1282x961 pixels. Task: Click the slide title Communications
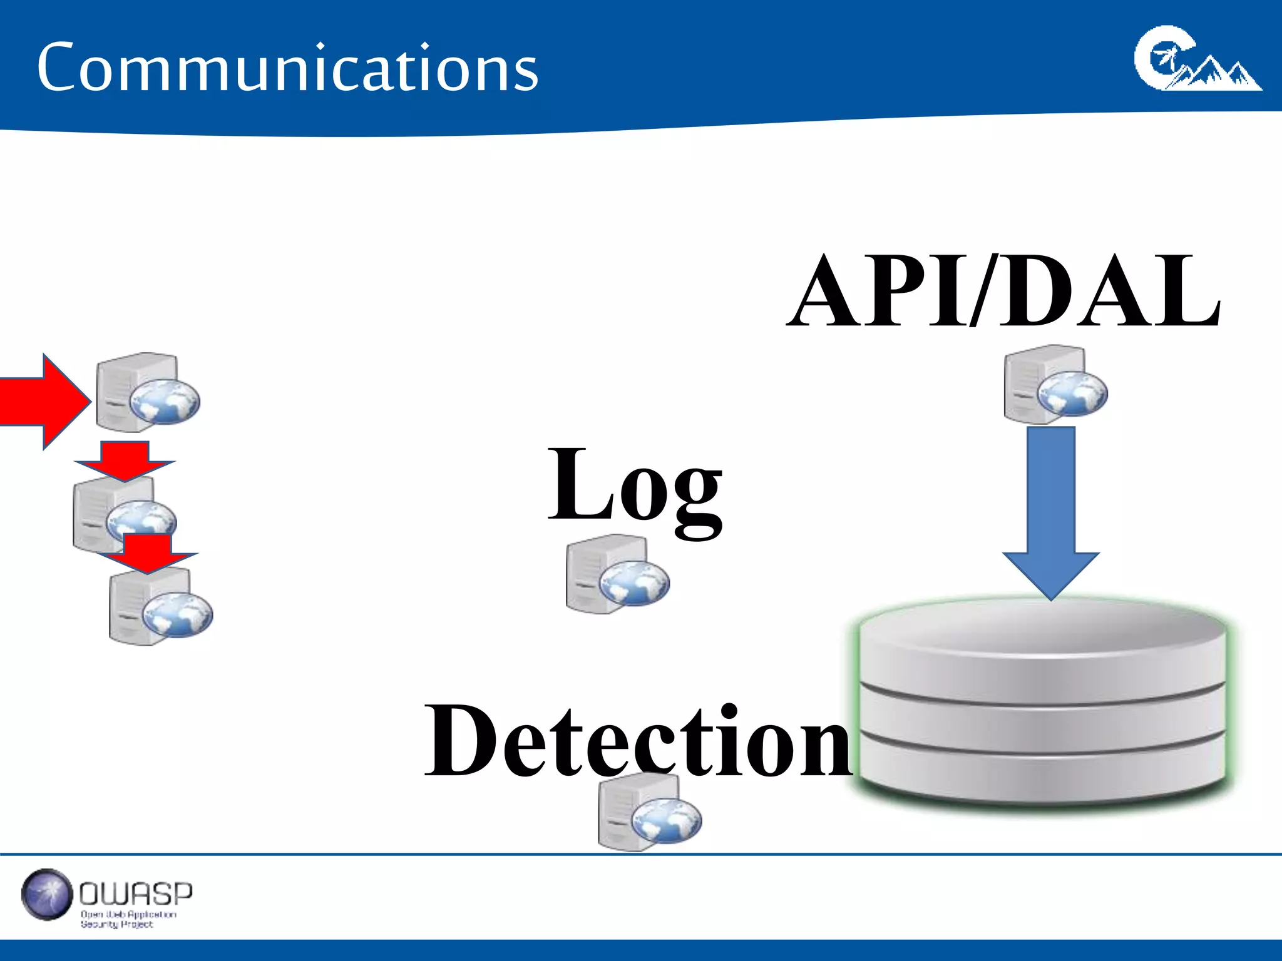(x=287, y=68)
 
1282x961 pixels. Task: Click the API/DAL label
(x=1003, y=291)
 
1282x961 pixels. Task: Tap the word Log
(x=635, y=488)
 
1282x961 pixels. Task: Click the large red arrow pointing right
(x=41, y=401)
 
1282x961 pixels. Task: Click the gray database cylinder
(x=1042, y=704)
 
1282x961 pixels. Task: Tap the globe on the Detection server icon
(x=666, y=820)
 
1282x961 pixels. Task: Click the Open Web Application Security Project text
(x=128, y=919)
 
